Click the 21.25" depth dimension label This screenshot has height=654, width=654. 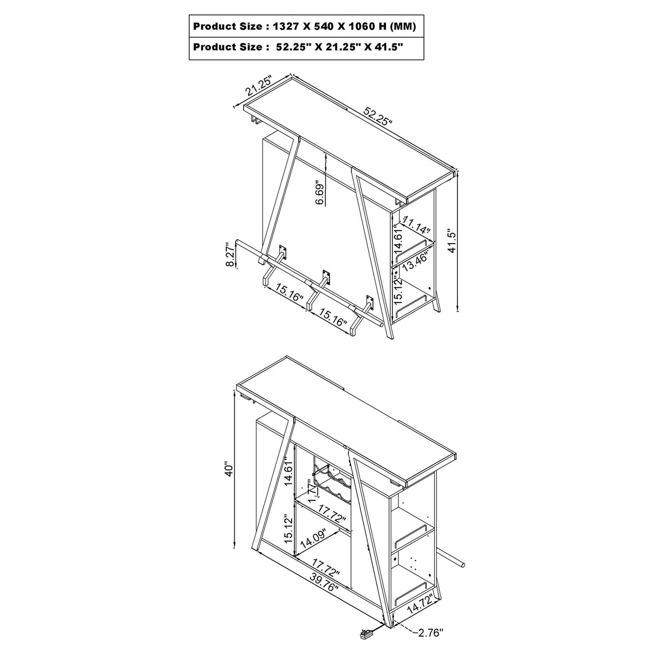[259, 87]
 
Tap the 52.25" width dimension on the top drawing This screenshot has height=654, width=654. [378, 117]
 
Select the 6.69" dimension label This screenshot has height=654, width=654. [320, 192]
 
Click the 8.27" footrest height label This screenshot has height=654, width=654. [231, 254]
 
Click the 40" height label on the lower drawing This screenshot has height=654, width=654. [229, 469]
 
